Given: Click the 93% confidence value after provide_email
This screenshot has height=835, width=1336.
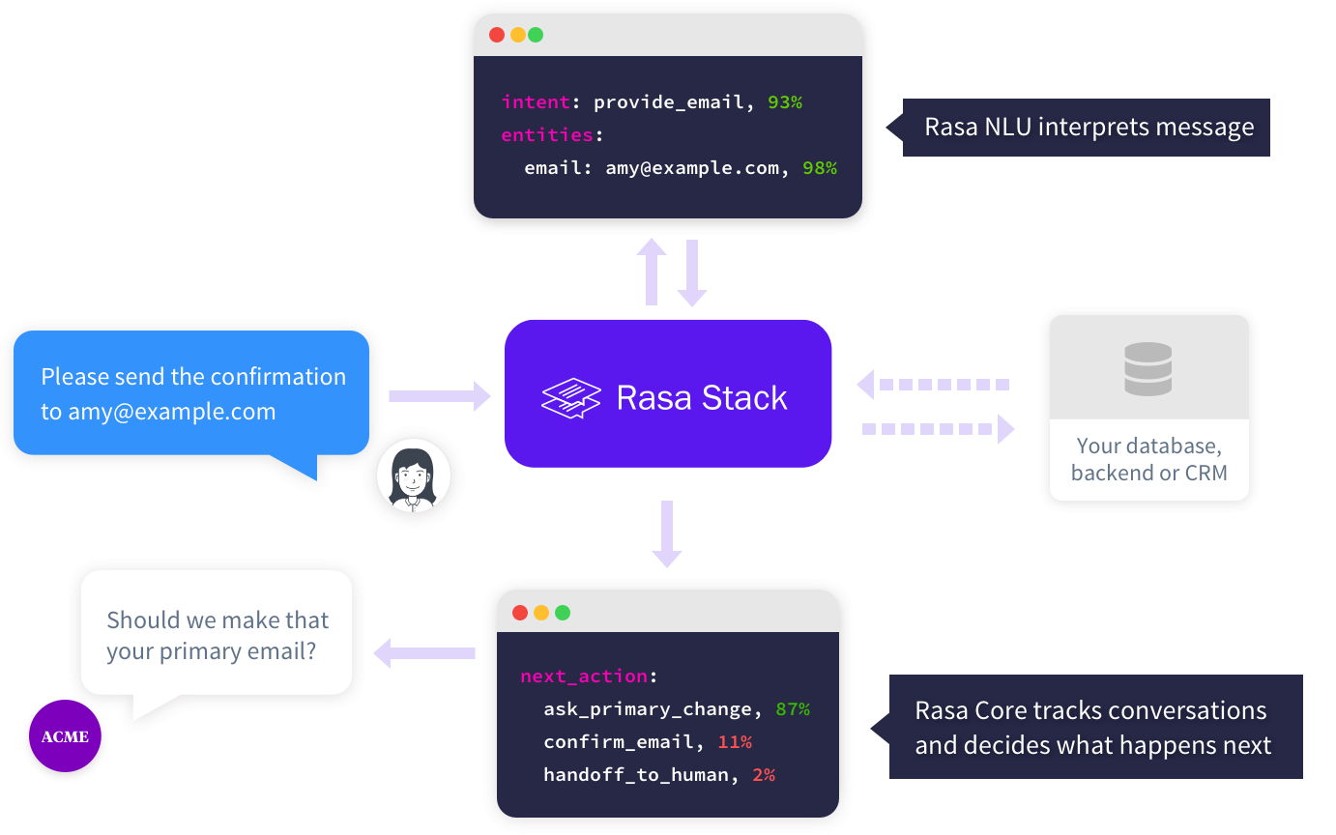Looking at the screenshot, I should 785,101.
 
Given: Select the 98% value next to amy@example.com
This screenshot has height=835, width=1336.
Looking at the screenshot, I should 819,168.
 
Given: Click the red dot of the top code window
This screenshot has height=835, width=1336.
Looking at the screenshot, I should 497,35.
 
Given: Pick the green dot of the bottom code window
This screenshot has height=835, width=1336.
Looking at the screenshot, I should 563,613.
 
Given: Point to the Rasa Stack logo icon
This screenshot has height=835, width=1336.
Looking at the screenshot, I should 571,398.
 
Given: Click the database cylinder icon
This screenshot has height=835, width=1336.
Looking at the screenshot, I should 1148,368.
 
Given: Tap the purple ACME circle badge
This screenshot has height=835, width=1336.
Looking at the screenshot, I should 65,737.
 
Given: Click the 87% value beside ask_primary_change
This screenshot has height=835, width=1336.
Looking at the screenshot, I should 793,709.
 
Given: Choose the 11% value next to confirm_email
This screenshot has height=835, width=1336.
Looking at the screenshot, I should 735,742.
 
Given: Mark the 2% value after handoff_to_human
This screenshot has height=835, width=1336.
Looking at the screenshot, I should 764,775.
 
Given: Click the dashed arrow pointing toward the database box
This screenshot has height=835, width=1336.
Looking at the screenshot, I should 938,428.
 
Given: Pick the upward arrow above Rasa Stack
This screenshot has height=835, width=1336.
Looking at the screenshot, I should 652,273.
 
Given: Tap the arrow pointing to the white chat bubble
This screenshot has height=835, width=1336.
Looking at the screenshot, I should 424,653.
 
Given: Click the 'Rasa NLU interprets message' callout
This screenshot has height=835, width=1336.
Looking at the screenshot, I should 1088,128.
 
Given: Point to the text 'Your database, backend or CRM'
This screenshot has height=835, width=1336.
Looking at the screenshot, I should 1148,459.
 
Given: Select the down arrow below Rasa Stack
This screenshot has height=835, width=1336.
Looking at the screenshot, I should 667,533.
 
